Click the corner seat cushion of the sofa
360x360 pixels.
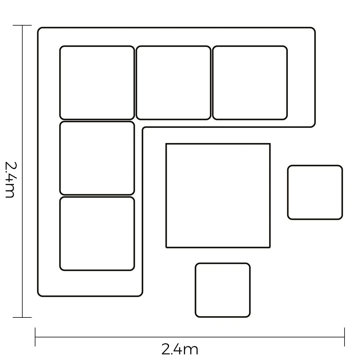(x=97, y=83)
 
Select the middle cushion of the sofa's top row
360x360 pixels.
(x=173, y=83)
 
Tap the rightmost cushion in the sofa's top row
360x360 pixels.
(x=250, y=83)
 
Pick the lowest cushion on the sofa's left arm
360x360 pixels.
(x=97, y=234)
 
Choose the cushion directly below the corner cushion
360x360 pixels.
(x=97, y=158)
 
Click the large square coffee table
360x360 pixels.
(x=218, y=195)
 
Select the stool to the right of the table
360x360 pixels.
(x=315, y=192)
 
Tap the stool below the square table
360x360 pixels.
(x=223, y=290)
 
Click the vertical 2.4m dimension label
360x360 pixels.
(x=10, y=180)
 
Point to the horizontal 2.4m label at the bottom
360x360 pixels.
(x=180, y=349)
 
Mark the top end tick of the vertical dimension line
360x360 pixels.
(x=22, y=26)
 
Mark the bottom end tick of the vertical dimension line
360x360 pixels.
(x=22, y=317)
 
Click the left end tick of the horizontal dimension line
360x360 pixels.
(x=35, y=337)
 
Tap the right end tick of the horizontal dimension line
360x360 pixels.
(x=345, y=337)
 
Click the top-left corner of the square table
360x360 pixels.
(x=166, y=144)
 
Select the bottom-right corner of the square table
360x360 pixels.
(x=270, y=247)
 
